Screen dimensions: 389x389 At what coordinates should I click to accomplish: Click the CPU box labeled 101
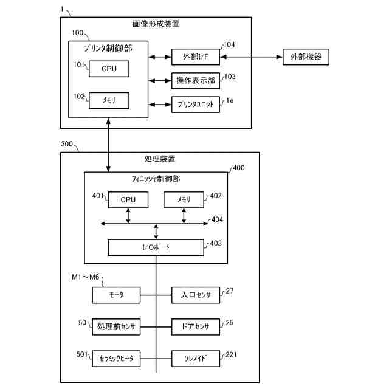(x=109, y=69)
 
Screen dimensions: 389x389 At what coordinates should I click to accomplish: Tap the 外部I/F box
(x=196, y=57)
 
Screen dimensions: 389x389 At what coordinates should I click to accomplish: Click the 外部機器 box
(x=306, y=57)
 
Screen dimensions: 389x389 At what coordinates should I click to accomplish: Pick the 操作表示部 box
(x=196, y=81)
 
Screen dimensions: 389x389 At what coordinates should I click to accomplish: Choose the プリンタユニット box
(x=196, y=104)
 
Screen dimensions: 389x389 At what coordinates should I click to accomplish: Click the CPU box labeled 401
(x=128, y=199)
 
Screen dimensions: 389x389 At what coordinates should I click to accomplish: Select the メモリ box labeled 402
(x=184, y=199)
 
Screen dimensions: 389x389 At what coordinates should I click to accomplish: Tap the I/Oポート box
(x=156, y=247)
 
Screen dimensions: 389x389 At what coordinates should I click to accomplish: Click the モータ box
(x=116, y=295)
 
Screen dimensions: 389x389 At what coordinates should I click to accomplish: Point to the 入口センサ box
(x=196, y=295)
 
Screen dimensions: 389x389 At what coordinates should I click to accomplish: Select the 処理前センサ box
(x=116, y=326)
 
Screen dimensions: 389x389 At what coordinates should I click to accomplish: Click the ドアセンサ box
(x=196, y=326)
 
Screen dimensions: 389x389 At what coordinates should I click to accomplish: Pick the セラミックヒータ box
(x=116, y=359)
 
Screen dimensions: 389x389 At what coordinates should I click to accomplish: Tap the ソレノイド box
(x=196, y=359)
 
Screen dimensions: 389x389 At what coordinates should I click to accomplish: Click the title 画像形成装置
(x=156, y=24)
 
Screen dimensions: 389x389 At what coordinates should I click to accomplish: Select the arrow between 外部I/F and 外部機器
(x=251, y=57)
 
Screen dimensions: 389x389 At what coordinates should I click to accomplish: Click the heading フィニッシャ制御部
(x=156, y=179)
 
